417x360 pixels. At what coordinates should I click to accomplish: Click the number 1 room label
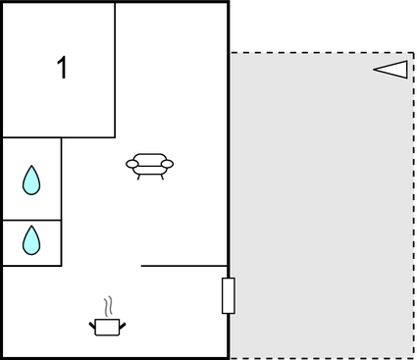coord(63,69)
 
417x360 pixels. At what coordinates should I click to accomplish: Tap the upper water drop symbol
coord(31,180)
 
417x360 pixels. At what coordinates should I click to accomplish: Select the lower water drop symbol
coord(31,239)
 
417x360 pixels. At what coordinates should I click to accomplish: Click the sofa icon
coord(150,166)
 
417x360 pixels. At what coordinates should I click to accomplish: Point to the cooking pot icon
coord(108,326)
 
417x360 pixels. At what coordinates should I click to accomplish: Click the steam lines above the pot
coord(110,305)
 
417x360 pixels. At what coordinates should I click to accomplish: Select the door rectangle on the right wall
coord(229,295)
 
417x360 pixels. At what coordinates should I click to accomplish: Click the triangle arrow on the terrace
coord(391,69)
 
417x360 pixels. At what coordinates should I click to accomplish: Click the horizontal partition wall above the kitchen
coord(184,266)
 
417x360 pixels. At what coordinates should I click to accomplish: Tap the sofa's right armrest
coord(168,164)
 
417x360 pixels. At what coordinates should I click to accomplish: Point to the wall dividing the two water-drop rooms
coord(31,220)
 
